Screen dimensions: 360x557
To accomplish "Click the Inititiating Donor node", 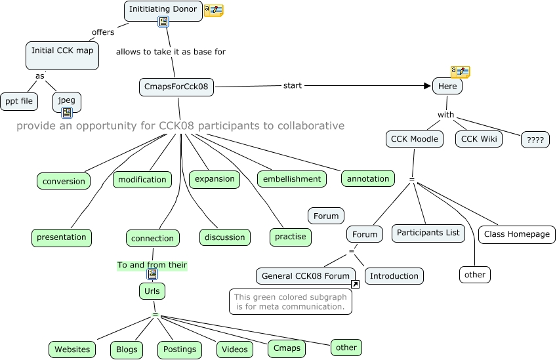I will [x=163, y=10].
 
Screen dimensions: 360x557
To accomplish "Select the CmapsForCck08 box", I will [x=176, y=87].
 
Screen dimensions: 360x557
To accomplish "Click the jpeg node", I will [x=66, y=101].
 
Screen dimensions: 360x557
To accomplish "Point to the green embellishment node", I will [x=291, y=178].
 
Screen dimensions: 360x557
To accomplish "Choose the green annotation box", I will [x=368, y=178].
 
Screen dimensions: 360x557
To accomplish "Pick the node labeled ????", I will [x=535, y=140].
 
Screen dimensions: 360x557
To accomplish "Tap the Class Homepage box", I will [x=516, y=234].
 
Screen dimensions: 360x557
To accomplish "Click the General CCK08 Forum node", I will [x=306, y=276].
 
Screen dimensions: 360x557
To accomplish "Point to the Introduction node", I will [x=394, y=276].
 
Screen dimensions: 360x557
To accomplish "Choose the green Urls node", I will [x=152, y=291].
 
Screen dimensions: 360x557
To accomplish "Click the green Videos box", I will [x=235, y=350].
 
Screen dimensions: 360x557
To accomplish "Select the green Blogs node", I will [x=127, y=350].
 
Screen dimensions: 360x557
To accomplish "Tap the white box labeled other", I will [x=474, y=275].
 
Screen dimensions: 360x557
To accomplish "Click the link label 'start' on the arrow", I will [x=293, y=86].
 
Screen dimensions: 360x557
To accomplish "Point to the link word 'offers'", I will [x=102, y=32].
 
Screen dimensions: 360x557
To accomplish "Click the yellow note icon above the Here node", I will [x=460, y=71].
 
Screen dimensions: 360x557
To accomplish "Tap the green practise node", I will [x=291, y=237].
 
